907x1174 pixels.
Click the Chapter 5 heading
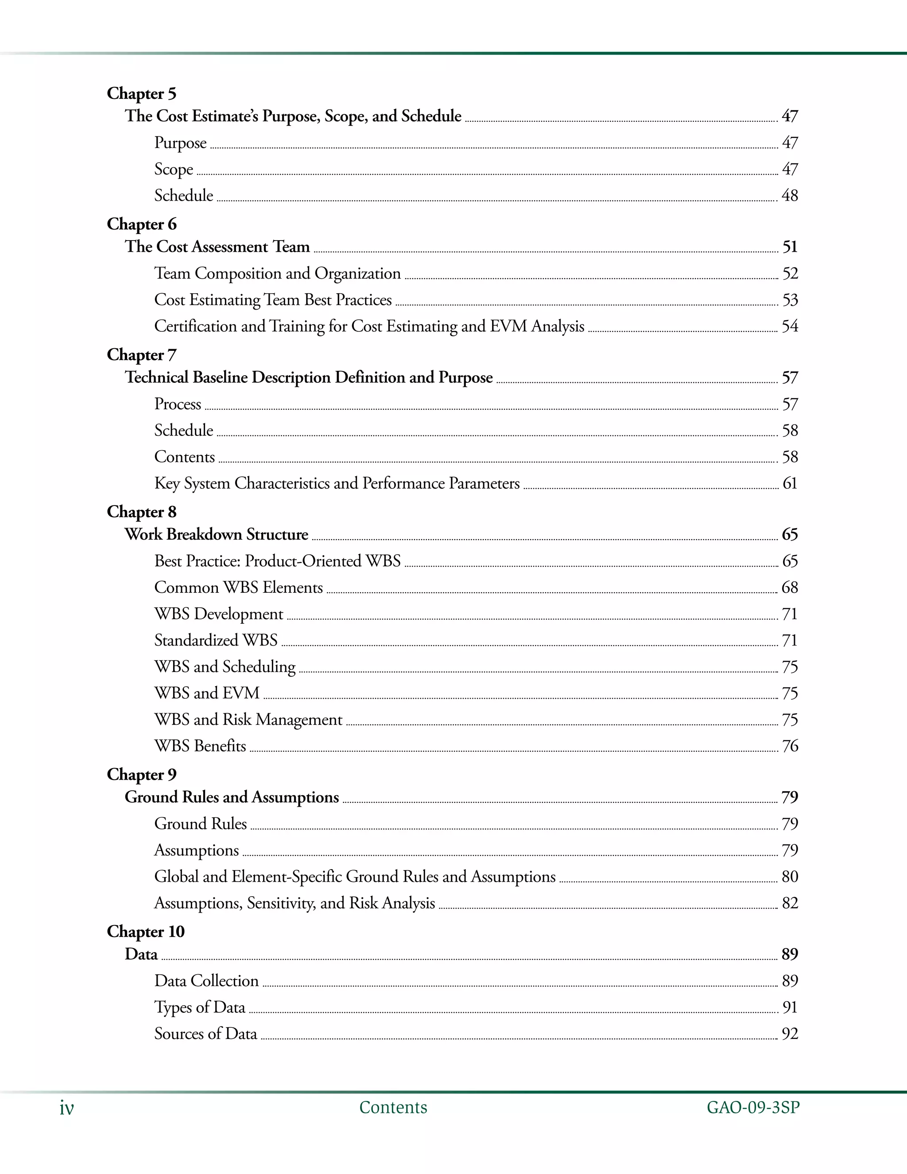[x=141, y=93]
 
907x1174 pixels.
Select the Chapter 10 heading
[x=146, y=932]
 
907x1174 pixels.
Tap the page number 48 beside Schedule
[x=789, y=196]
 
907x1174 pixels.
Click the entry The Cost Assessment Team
[x=217, y=247]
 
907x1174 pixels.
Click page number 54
[x=789, y=327]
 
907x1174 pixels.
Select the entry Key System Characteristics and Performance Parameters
[x=337, y=483]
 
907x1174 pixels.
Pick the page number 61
[x=789, y=483]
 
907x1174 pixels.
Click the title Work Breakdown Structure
[x=217, y=534]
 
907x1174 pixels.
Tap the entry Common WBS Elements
[x=239, y=587]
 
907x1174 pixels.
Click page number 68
[x=789, y=587]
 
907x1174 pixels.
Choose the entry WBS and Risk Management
[x=248, y=720]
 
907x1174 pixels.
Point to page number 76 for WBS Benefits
[x=789, y=746]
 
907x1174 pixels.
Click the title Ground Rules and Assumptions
[x=232, y=797]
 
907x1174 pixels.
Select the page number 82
[x=789, y=903]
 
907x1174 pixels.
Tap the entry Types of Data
[x=200, y=1007]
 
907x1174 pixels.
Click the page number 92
[x=789, y=1034]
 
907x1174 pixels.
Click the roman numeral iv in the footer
[x=66, y=1108]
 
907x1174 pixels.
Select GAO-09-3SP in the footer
[x=753, y=1108]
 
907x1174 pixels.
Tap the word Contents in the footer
[x=393, y=1108]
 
